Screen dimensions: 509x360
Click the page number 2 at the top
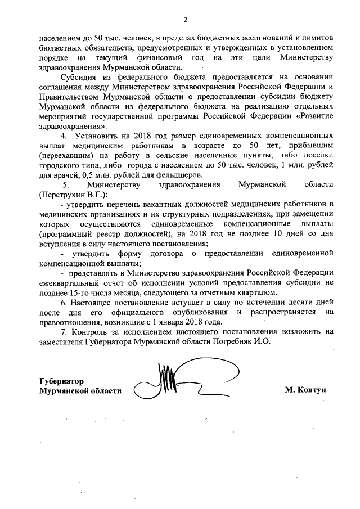184,21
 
